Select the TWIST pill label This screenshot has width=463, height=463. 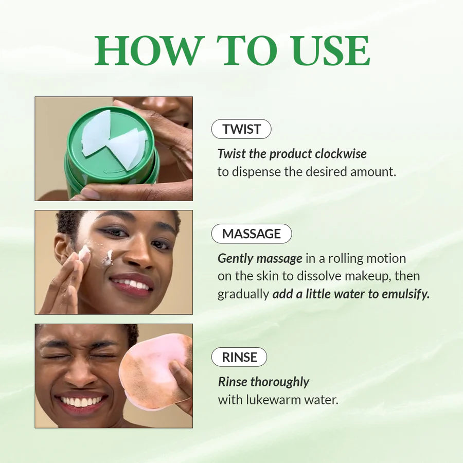[x=241, y=129]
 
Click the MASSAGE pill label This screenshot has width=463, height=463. [x=252, y=234]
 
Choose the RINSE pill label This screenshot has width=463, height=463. [x=239, y=357]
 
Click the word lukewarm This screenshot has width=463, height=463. [x=272, y=399]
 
